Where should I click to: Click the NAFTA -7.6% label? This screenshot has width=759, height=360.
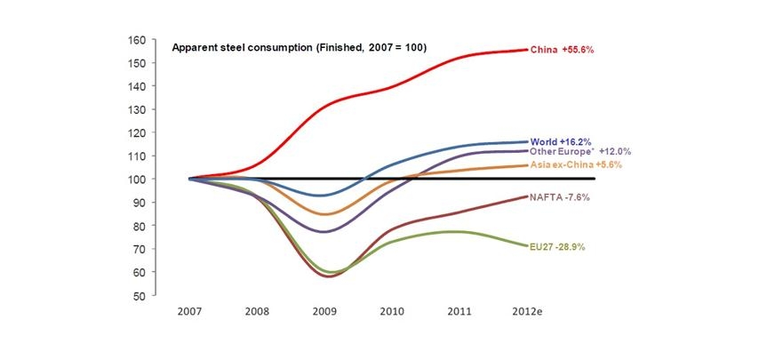coord(559,196)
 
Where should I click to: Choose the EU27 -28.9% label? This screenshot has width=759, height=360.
coord(558,245)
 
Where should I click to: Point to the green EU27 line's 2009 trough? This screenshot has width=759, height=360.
coord(331,271)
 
